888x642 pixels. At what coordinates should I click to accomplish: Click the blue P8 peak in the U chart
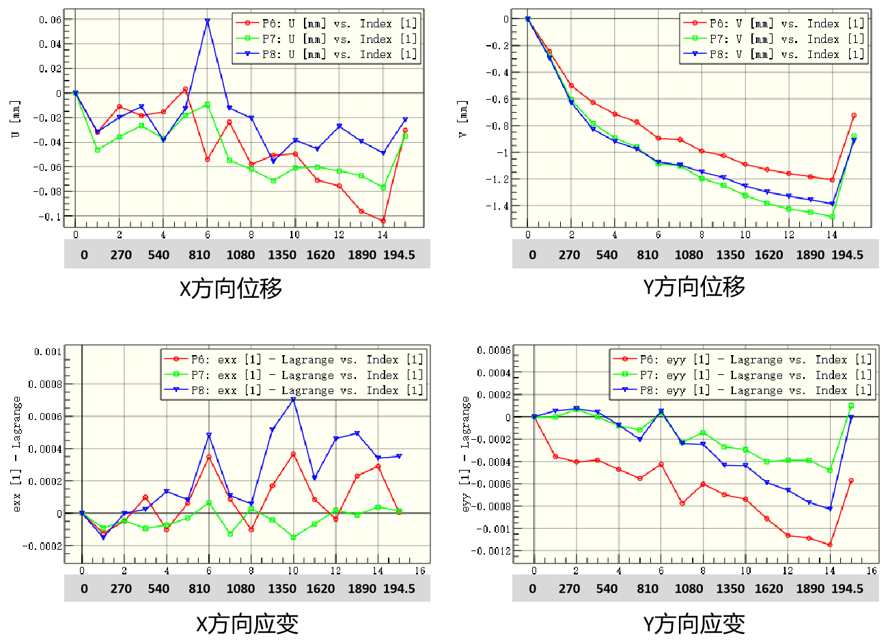coord(207,21)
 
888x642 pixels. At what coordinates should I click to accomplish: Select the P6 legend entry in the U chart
coord(327,23)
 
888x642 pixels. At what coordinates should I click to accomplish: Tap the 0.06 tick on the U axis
coord(50,20)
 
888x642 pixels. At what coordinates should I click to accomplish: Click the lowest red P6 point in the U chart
coord(383,221)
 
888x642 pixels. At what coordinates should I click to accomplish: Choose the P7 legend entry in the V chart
coord(774,39)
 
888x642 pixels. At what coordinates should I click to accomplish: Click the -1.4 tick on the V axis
coord(497,206)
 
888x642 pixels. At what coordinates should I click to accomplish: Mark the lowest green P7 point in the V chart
coord(832,217)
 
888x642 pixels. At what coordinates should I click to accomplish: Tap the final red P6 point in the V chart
coord(854,116)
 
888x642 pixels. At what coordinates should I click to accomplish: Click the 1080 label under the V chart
coord(689,255)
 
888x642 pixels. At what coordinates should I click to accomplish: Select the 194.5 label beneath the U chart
coord(399,255)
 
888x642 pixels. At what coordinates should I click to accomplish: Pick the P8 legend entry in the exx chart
coord(294,391)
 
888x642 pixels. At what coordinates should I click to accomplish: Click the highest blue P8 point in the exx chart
coord(293,400)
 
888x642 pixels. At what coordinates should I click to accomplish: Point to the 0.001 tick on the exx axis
coord(48,352)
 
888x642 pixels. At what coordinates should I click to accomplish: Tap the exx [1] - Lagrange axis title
coord(16,454)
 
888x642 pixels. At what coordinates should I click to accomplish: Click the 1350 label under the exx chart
coord(281,589)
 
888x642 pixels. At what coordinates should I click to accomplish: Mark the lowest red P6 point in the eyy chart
coord(830,544)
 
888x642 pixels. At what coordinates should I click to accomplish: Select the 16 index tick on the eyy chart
coord(872,570)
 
